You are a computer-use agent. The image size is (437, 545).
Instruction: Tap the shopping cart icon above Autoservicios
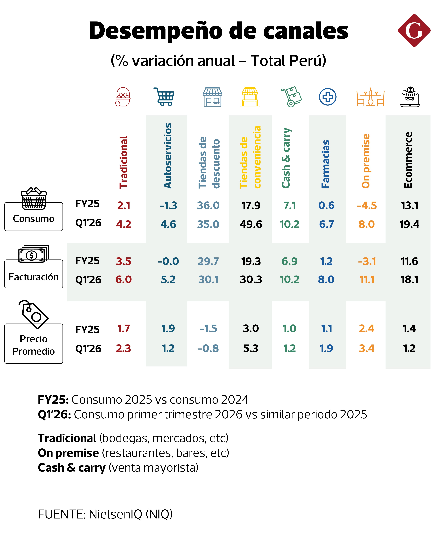[164, 97]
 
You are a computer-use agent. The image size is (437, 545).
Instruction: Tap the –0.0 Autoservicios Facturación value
[168, 261]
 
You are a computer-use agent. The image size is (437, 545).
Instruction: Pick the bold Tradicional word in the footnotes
[67, 438]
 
